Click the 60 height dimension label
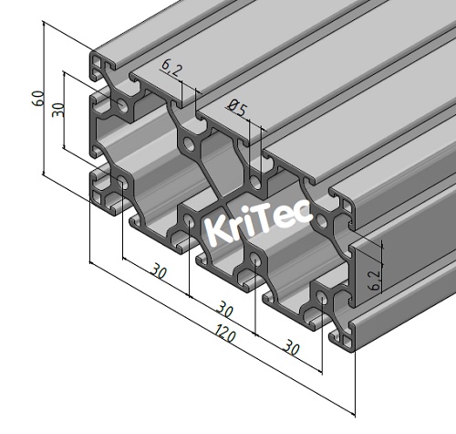pyautogui.click(x=37, y=99)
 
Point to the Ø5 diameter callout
pyautogui.click(x=235, y=111)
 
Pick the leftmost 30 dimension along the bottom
pyautogui.click(x=158, y=272)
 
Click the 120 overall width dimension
pyautogui.click(x=222, y=335)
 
